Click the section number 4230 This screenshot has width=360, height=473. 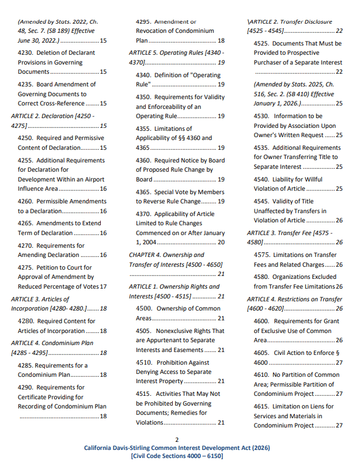(x=26, y=52)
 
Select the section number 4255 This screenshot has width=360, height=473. (x=26, y=160)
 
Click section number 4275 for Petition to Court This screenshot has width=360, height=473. (x=26, y=267)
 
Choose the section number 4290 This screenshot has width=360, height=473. (x=26, y=388)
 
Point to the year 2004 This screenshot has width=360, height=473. (x=149, y=242)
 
